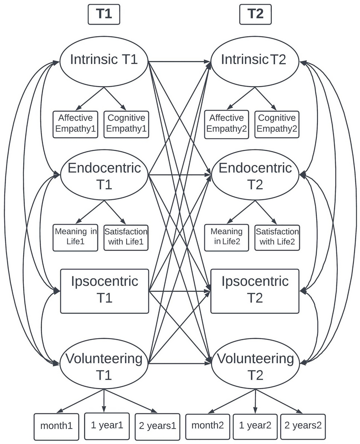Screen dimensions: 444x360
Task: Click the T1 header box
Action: [104, 15]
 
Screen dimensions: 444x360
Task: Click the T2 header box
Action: [255, 15]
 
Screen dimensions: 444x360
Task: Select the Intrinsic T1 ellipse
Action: [104, 60]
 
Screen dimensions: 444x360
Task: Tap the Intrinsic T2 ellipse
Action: [255, 60]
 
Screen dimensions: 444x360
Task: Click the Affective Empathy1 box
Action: [75, 124]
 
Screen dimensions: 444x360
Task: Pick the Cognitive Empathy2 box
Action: [277, 124]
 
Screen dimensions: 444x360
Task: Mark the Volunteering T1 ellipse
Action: [104, 366]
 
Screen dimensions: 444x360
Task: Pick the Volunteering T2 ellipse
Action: [255, 366]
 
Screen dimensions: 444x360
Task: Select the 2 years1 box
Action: [157, 426]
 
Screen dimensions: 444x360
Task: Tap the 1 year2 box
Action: [255, 426]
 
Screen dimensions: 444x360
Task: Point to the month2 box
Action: [208, 426]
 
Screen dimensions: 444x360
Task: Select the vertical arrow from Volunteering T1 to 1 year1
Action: [104, 400]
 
